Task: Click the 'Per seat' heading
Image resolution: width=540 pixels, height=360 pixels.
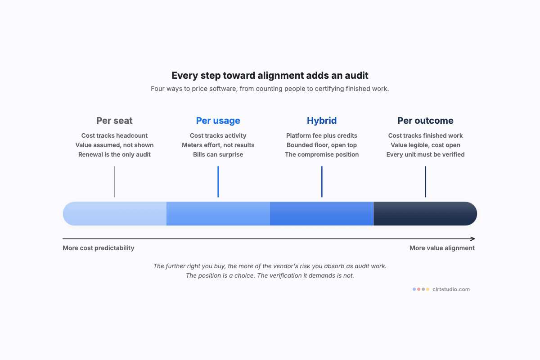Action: coord(114,121)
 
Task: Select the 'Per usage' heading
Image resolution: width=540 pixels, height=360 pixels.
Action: coord(218,121)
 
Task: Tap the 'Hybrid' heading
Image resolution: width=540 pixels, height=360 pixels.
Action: coord(322,121)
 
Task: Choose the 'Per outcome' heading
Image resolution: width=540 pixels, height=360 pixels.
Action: coord(425,121)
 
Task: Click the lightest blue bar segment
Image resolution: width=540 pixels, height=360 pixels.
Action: coord(115,214)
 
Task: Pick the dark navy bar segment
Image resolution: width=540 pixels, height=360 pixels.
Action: coord(425,214)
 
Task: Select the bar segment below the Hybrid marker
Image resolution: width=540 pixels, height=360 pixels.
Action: coord(322,214)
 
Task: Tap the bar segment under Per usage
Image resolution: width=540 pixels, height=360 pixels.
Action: coord(218,214)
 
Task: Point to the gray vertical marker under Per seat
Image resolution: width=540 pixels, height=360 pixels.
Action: coord(114,181)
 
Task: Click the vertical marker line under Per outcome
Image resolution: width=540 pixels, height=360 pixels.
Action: coord(426,181)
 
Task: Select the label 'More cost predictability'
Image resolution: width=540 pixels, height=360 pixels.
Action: coord(99,248)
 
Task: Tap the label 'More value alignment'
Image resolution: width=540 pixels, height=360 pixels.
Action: coord(442,248)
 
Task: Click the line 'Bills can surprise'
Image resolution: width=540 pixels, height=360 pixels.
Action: coord(218,154)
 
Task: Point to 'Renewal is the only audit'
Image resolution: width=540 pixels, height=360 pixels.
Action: coord(114,154)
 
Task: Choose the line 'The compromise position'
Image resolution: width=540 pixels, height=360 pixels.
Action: coord(322,154)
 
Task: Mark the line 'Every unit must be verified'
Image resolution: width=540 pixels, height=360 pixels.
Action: coord(425,154)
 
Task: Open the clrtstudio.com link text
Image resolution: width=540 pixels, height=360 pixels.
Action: coord(451,289)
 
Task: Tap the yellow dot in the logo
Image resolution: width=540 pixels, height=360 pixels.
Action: coord(427,289)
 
